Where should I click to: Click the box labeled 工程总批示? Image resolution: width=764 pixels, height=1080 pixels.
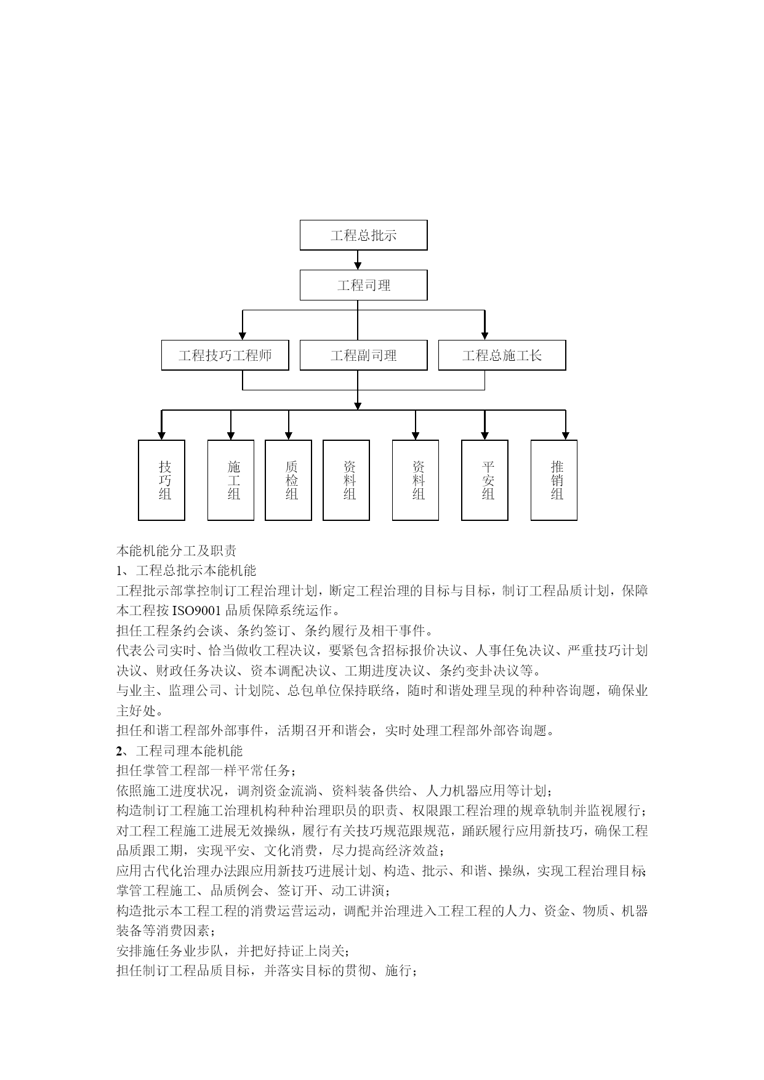363,235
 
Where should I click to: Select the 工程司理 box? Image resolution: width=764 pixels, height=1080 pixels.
363,285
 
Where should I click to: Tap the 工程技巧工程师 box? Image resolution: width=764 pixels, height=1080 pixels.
225,355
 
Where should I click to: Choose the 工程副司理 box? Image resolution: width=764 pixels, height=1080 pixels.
363,355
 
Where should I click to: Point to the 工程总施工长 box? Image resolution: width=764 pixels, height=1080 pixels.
502,355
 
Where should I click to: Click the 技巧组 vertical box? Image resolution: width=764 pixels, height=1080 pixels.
162,480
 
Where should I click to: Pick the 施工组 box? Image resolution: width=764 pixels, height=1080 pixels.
231,480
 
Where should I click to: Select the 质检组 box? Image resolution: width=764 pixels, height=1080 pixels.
289,480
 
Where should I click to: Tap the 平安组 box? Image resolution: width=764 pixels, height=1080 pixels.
485,480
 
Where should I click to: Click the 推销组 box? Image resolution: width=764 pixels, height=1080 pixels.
554,480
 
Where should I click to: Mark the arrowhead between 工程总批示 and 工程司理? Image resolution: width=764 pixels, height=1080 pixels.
358,265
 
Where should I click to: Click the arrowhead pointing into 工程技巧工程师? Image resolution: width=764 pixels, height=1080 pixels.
243,336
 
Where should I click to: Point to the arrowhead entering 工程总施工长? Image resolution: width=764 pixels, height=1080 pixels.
485,336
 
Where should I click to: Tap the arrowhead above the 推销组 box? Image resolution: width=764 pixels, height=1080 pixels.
566,435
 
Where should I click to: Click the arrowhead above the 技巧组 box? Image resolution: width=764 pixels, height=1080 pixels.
162,435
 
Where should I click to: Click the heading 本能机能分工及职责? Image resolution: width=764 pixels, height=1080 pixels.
177,550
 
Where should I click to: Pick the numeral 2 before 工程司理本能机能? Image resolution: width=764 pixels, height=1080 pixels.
119,751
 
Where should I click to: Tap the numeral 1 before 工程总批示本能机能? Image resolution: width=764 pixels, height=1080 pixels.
119,571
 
